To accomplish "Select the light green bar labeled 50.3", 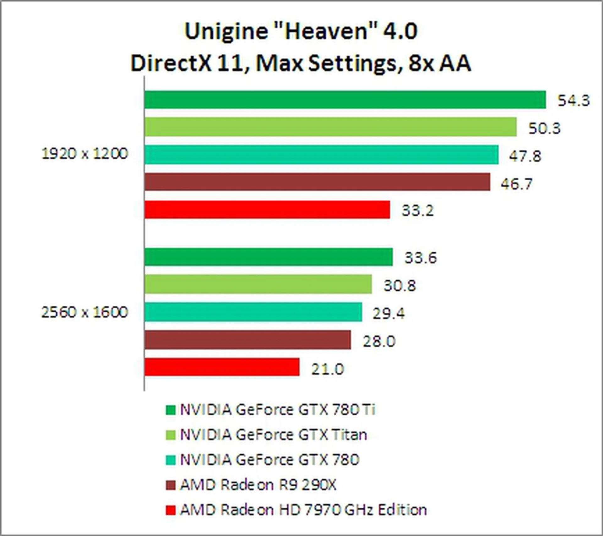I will tap(330, 127).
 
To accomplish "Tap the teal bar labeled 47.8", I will tap(321, 155).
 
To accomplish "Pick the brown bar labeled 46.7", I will tap(317, 182).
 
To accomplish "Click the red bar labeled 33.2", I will tap(267, 210).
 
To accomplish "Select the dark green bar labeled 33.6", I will tap(269, 257).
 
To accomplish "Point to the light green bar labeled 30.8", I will tap(258, 284).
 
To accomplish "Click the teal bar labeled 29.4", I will tap(253, 312).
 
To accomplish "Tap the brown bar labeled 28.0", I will tap(247, 340).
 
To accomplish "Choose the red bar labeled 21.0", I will tap(222, 367).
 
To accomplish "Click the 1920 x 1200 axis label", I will tap(85, 154).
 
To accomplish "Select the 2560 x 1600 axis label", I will tap(85, 312).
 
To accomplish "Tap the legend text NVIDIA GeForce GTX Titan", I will tap(273, 435).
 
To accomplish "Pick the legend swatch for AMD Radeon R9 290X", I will tap(171, 485).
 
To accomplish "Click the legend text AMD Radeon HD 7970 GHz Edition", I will tap(303, 510).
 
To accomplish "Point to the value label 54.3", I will tap(573, 101).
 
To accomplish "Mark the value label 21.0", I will tap(328, 369).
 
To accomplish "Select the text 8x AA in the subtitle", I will tap(440, 63).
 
